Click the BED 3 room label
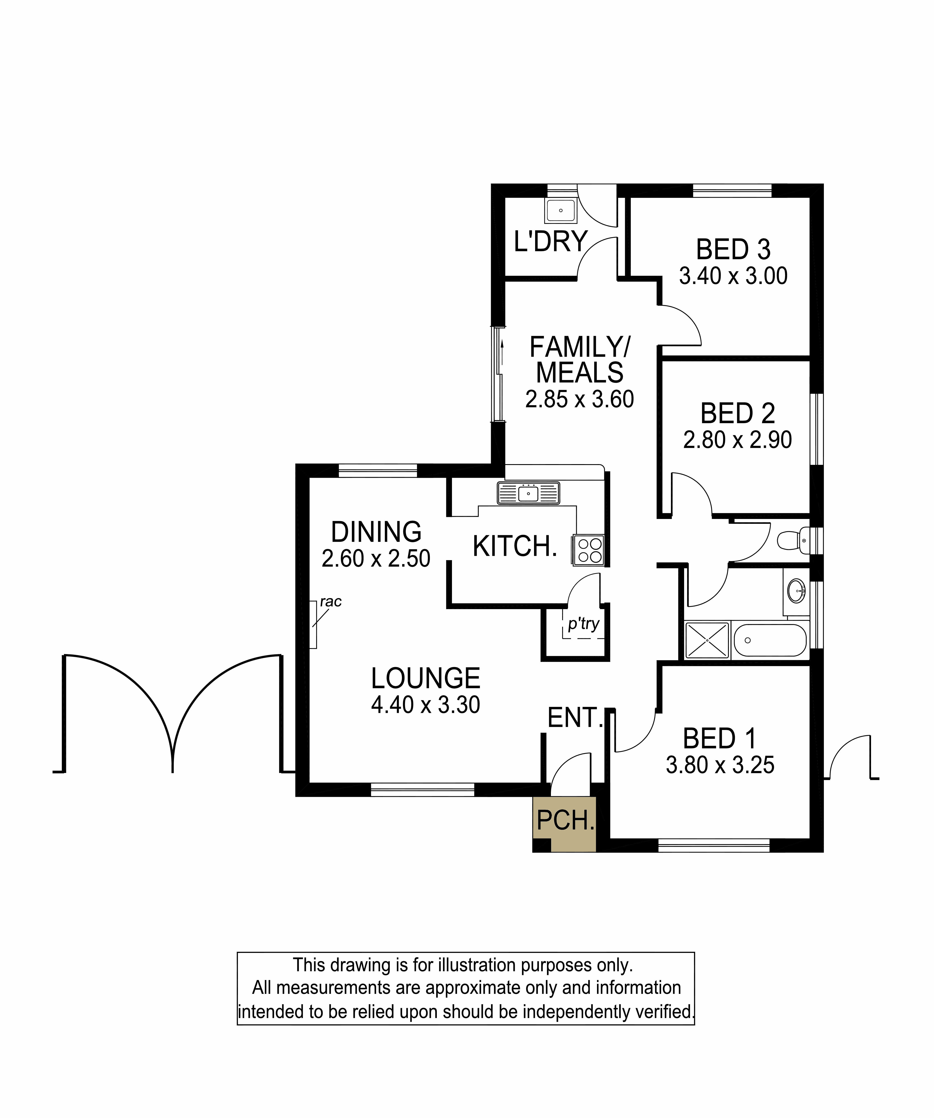click(x=733, y=249)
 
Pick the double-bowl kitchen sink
click(x=528, y=493)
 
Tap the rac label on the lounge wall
click(x=331, y=602)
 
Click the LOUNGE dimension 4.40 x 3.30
click(x=425, y=705)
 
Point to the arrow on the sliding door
click(x=502, y=354)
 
